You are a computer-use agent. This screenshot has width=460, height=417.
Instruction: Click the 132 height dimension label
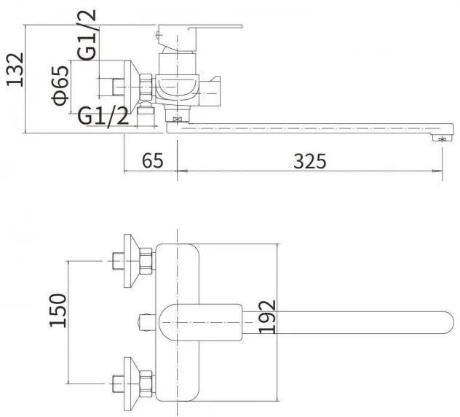point(15,70)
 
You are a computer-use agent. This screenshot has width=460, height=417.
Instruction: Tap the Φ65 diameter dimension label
point(60,85)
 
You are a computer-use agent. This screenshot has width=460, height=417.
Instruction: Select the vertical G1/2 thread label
point(87,35)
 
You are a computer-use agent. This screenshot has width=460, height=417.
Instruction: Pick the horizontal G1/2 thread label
point(103,116)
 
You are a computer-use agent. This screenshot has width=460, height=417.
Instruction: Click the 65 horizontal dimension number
point(153,160)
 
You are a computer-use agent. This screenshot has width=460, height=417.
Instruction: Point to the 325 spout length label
point(310,161)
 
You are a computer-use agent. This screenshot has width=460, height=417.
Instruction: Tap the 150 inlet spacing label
point(57,310)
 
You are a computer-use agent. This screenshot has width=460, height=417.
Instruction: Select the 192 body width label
point(268,317)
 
